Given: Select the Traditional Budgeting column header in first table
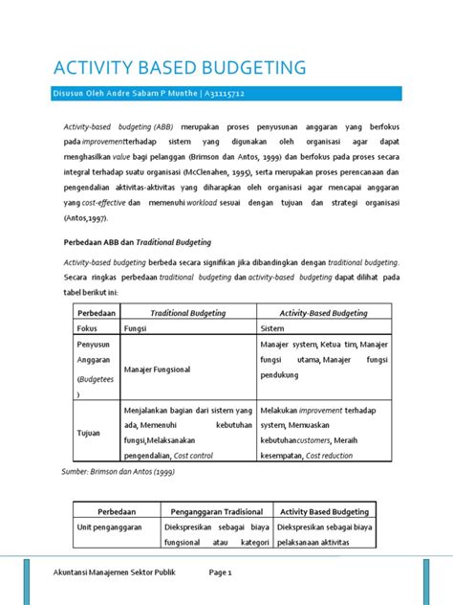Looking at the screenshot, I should (x=187, y=312).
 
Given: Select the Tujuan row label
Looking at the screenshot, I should (x=89, y=433).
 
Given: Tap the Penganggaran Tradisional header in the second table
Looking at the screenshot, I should (x=216, y=511).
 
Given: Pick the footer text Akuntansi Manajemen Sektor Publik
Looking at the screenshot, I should (x=108, y=571).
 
